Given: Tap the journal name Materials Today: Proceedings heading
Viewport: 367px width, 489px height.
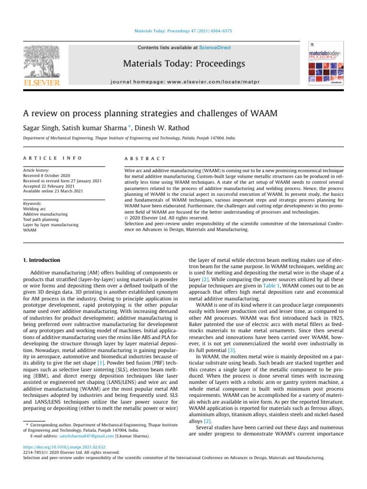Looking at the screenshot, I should (184, 64).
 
